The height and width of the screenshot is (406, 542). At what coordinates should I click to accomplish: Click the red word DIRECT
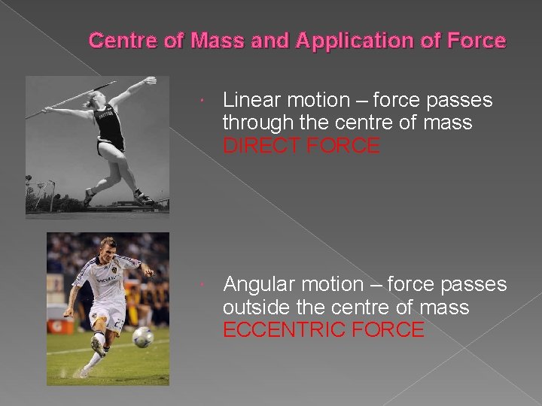click(262, 146)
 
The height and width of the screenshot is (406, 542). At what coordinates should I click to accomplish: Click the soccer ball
click(143, 336)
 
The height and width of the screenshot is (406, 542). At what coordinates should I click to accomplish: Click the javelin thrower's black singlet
click(109, 128)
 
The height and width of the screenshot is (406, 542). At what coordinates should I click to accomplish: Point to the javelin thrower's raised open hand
click(149, 80)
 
